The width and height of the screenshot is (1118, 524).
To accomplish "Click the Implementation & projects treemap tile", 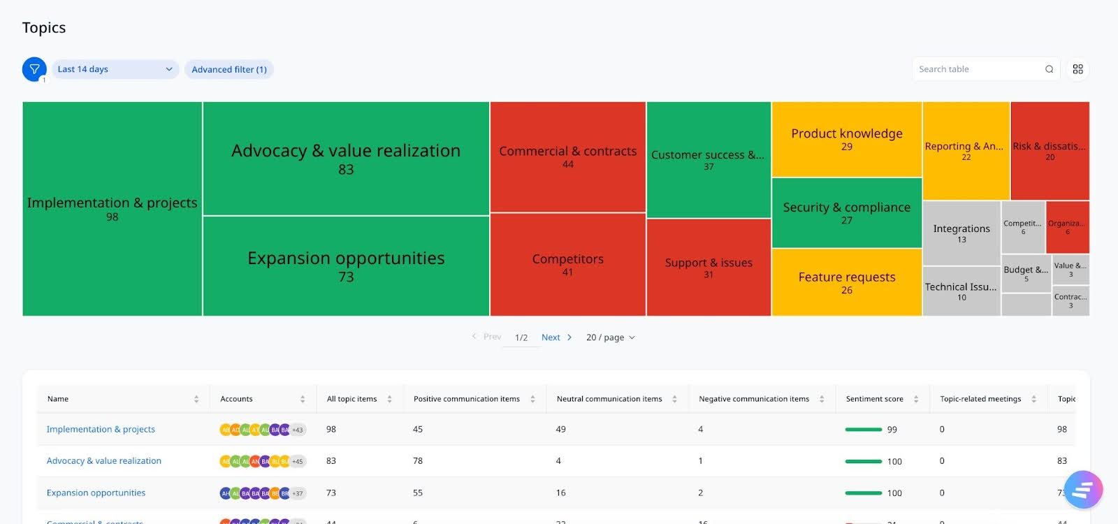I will point(112,209).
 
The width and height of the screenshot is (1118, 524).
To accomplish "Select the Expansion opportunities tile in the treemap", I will point(346,266).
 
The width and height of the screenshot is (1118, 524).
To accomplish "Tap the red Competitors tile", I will point(567,264).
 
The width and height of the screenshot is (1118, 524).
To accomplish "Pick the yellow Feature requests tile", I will point(846,282).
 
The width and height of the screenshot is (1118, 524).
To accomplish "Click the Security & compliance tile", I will point(846,212).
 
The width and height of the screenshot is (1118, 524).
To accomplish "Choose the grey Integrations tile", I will point(961,233).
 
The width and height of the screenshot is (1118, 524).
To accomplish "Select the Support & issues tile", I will point(709,267).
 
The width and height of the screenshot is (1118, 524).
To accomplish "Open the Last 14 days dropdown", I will point(115,69).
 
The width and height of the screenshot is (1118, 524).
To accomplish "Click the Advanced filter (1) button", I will point(229,69).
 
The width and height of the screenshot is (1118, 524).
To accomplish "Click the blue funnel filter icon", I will point(34,69).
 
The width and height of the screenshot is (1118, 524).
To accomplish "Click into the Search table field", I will point(978,69).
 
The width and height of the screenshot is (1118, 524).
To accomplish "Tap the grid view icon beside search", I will point(1077,69).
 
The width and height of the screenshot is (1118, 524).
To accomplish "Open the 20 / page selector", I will point(610,337).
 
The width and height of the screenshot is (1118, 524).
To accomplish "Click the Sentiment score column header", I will point(874,399).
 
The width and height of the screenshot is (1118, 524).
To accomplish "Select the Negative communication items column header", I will point(753,399).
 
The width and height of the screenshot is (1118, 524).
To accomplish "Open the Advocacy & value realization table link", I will point(103,461).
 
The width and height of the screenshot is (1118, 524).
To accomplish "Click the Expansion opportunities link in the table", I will point(96,493).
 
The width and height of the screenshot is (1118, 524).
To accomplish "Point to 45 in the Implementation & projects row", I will point(418,430).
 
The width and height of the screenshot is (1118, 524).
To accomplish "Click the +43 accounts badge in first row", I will point(298,430).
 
